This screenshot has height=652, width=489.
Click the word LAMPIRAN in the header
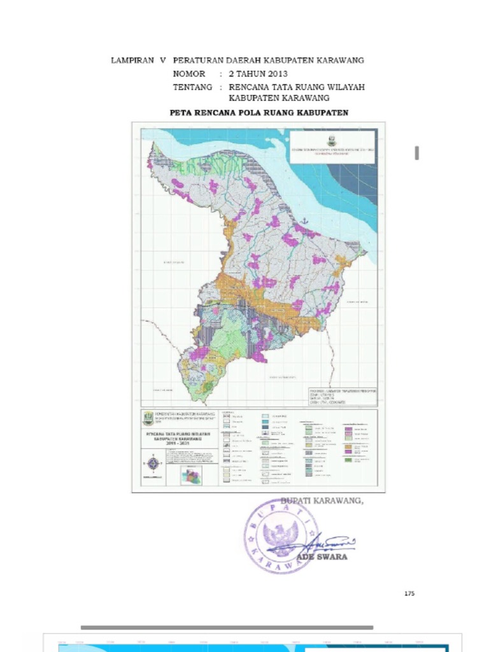(x=132, y=60)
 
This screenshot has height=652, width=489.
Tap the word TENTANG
(x=192, y=87)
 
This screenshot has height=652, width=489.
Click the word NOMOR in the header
(x=189, y=74)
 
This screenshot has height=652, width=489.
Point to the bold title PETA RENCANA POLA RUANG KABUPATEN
(x=259, y=113)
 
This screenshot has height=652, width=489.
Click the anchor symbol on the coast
(x=304, y=220)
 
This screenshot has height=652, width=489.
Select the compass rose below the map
(x=153, y=463)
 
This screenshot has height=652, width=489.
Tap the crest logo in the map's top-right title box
(x=332, y=141)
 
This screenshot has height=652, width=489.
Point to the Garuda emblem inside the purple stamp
(x=280, y=536)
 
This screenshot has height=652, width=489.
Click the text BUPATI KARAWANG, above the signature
(x=322, y=501)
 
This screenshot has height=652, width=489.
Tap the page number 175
(x=409, y=593)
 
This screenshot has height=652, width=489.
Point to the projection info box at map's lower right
(x=341, y=395)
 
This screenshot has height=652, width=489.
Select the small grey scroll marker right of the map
(x=416, y=153)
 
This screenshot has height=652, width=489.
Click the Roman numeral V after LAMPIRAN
(x=162, y=60)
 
